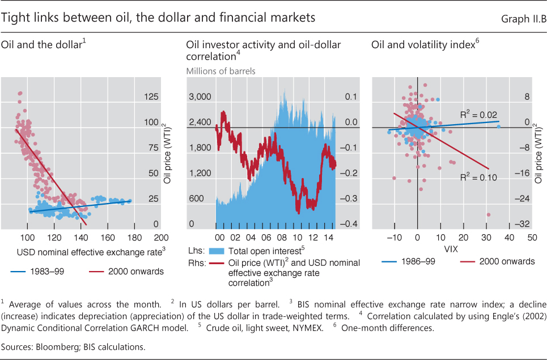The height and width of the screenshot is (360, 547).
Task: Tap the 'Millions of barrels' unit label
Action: pyautogui.click(x=221, y=71)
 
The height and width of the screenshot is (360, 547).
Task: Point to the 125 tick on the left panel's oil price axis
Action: pyautogui.click(x=151, y=98)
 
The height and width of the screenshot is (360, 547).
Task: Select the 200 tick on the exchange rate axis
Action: pyautogui.click(x=160, y=238)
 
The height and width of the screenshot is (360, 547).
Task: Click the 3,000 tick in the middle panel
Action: pyautogui.click(x=200, y=98)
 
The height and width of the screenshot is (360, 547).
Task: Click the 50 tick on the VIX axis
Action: pyautogui.click(x=532, y=238)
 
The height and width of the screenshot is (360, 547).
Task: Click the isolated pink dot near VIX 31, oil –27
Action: pyautogui.click(x=488, y=214)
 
